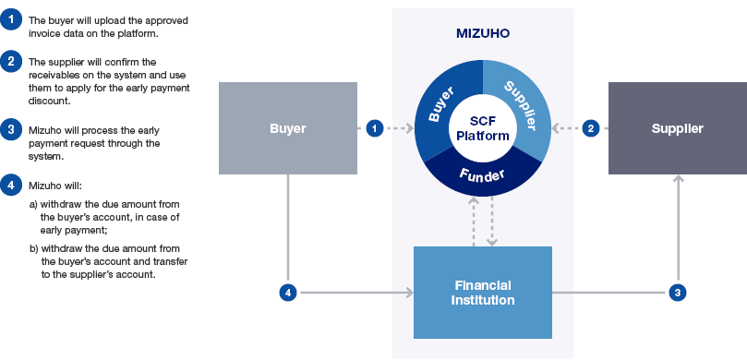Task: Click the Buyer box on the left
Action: click(x=287, y=128)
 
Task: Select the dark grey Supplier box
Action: click(x=677, y=128)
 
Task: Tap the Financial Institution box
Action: click(x=482, y=293)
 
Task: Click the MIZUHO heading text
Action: click(x=482, y=33)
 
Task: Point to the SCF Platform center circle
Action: click(x=482, y=128)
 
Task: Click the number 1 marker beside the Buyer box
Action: click(x=374, y=128)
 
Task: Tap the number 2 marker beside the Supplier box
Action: click(x=591, y=128)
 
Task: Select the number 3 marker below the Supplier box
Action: click(x=678, y=293)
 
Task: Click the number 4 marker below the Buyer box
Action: click(x=287, y=293)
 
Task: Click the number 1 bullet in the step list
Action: click(x=10, y=19)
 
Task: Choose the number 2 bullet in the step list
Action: click(x=10, y=62)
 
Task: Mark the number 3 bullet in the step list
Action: click(x=10, y=128)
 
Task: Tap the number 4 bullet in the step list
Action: click(x=10, y=184)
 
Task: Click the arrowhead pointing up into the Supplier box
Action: click(x=678, y=180)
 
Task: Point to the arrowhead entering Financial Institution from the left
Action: click(x=408, y=293)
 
